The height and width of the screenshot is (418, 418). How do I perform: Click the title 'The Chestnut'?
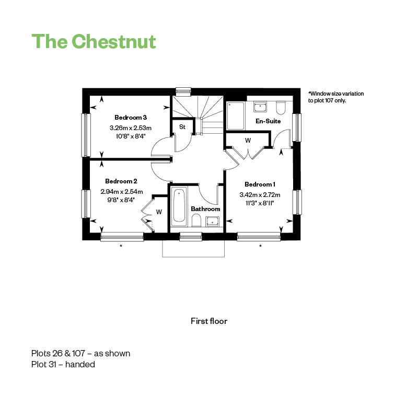click(94, 41)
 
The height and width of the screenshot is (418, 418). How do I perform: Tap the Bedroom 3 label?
click(131, 118)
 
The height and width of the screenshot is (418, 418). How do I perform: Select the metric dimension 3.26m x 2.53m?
click(131, 127)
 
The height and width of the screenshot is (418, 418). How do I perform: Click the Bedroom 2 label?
click(121, 181)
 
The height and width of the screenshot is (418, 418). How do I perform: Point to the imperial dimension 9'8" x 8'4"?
click(121, 199)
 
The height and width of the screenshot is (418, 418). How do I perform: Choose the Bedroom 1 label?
click(260, 184)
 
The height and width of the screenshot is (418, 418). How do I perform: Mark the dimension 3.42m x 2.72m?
click(260, 195)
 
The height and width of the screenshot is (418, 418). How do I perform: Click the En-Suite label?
click(268, 121)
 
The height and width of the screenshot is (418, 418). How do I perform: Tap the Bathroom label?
click(205, 209)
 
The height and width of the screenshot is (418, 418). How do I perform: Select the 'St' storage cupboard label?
click(182, 127)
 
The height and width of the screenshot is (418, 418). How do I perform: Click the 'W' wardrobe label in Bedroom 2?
click(159, 212)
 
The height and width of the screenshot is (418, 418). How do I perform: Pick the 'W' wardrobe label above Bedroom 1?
click(248, 141)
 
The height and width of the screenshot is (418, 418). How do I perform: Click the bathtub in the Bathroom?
click(179, 206)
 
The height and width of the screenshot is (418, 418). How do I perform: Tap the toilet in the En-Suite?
click(280, 108)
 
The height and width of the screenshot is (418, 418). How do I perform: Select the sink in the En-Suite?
click(261, 107)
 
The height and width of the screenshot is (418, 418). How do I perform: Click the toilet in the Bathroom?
click(196, 222)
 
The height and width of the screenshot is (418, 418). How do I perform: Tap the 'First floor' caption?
click(209, 321)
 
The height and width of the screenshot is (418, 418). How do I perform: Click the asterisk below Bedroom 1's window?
click(260, 246)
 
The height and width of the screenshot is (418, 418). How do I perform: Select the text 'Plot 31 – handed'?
click(63, 365)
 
